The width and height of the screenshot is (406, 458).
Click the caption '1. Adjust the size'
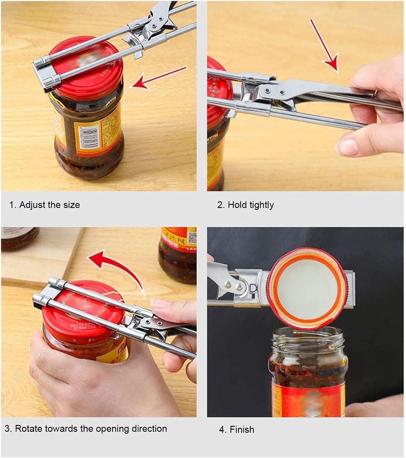point(44,205)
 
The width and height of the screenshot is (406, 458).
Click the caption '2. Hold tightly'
point(245,205)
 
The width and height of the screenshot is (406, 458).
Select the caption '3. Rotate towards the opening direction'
point(86,429)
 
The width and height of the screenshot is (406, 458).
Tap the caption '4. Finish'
point(237,430)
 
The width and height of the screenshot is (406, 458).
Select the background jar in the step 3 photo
point(178,255)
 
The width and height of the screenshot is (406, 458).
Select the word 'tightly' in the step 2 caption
point(262,205)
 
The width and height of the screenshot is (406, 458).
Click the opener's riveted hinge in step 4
point(236,284)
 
